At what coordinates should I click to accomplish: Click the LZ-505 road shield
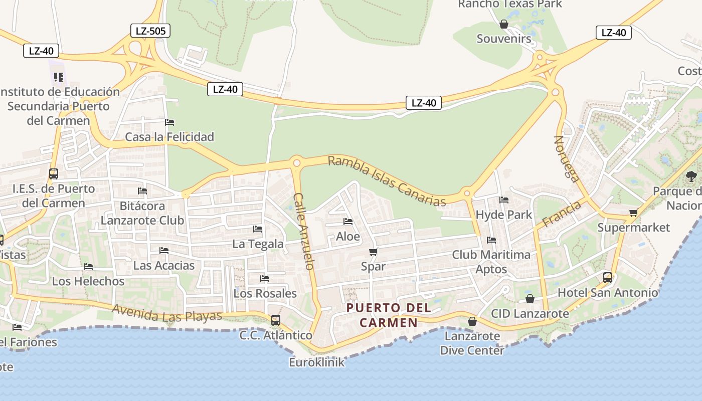click(x=150, y=31)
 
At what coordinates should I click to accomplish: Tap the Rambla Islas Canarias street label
click(x=387, y=181)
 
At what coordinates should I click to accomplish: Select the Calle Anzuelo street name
click(x=304, y=231)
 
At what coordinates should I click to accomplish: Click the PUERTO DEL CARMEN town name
click(x=389, y=315)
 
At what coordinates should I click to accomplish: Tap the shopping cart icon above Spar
click(x=373, y=252)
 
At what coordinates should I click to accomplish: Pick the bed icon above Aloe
click(x=348, y=222)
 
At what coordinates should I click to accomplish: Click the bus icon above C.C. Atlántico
click(x=275, y=320)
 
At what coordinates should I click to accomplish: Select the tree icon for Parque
click(x=691, y=176)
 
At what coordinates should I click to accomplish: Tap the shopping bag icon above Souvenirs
click(x=504, y=24)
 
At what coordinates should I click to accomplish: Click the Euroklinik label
click(x=317, y=362)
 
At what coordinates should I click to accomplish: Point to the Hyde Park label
click(x=503, y=215)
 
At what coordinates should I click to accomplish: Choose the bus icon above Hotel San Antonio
click(x=608, y=277)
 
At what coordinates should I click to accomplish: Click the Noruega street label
click(x=567, y=158)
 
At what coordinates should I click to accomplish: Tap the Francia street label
click(x=562, y=214)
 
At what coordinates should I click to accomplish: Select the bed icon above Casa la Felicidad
click(x=169, y=122)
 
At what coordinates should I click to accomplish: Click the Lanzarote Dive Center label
click(x=472, y=343)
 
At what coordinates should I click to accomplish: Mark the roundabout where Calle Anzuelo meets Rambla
click(x=296, y=163)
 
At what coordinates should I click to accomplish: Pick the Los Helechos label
click(x=88, y=281)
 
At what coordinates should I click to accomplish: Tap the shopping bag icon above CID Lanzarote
click(x=530, y=299)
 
